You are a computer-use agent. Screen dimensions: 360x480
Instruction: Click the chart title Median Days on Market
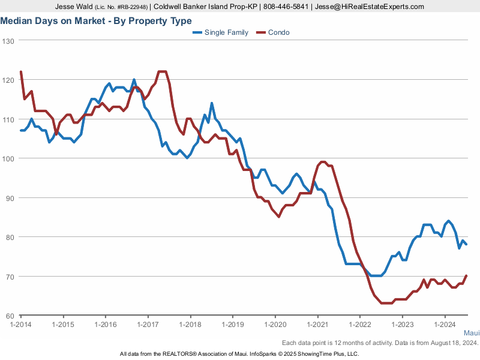(96, 21)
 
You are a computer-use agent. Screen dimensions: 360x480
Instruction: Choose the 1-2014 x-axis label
(21, 325)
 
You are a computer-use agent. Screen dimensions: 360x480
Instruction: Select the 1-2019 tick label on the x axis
(232, 325)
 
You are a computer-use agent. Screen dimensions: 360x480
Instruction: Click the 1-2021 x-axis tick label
(317, 325)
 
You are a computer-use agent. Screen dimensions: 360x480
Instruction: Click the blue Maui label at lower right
(472, 333)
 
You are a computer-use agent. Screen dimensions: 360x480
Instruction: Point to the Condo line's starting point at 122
(21, 72)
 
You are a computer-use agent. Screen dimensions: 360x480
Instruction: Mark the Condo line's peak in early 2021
(322, 161)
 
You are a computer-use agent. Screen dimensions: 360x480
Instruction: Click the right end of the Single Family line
(467, 244)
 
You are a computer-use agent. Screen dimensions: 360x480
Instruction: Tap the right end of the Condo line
(467, 276)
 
